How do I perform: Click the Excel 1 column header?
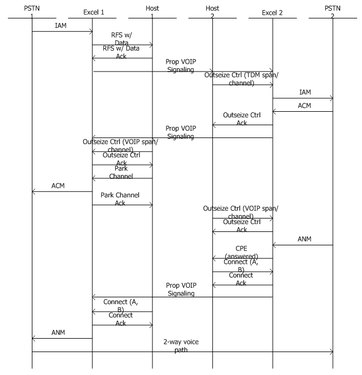coord(92,11)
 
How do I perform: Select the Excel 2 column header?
coord(273,11)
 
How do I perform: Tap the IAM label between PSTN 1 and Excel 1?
coord(62,26)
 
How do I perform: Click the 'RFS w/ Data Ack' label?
coord(122,52)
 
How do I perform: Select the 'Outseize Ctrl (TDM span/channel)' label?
coord(242,78)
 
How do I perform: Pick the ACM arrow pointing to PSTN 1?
coord(62,192)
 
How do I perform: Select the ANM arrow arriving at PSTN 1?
coord(62,338)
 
